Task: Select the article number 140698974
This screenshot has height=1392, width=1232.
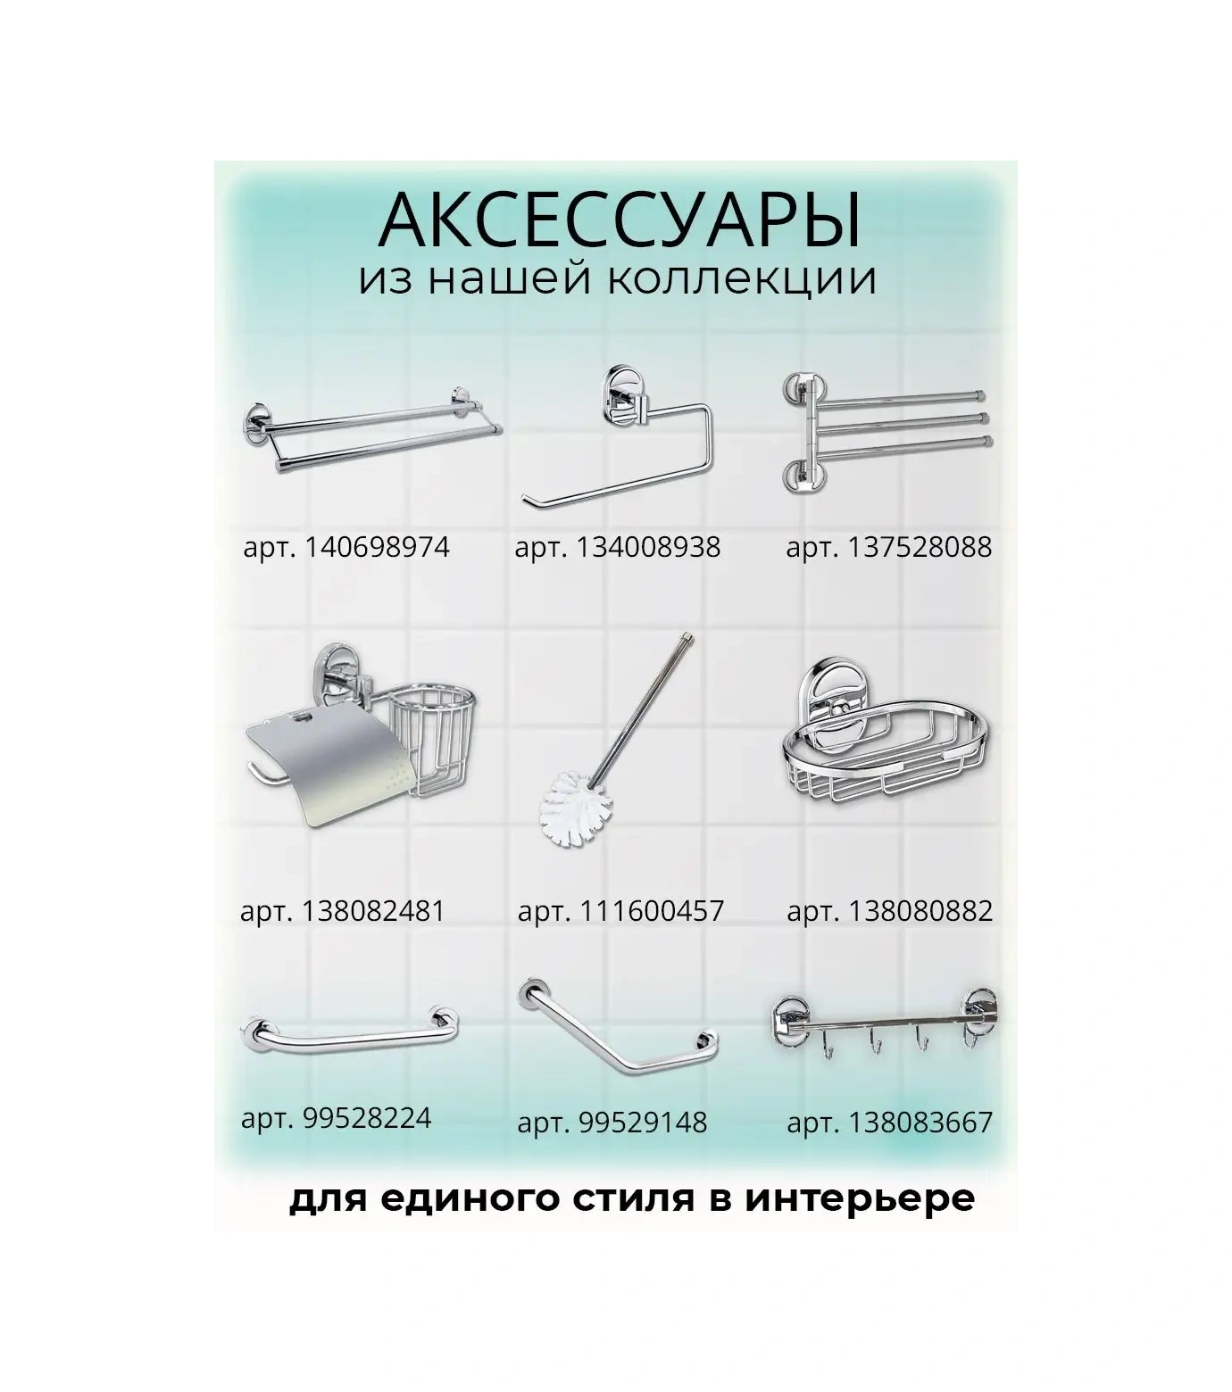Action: point(377,546)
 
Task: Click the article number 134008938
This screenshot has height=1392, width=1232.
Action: point(648,546)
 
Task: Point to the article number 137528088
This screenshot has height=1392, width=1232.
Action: point(920,546)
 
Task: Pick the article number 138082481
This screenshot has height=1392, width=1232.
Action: point(373,911)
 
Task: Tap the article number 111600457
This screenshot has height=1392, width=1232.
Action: point(652,911)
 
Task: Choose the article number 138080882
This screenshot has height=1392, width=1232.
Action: point(920,911)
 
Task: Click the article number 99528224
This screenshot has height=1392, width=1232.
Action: point(367,1117)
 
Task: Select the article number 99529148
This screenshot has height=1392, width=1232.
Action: point(643,1122)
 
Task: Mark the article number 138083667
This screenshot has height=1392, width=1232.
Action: point(920,1122)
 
